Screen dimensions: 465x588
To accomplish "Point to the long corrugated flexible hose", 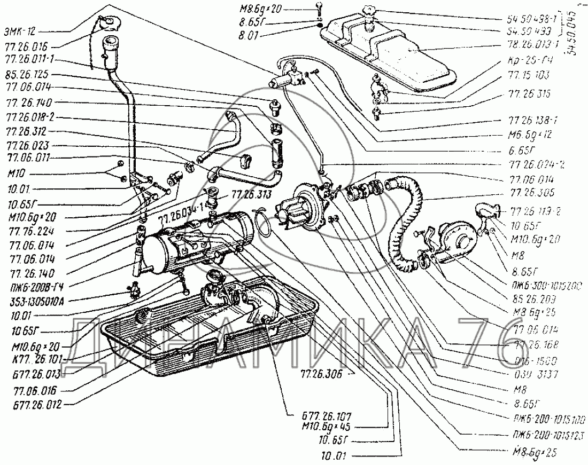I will [x=404, y=224].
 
